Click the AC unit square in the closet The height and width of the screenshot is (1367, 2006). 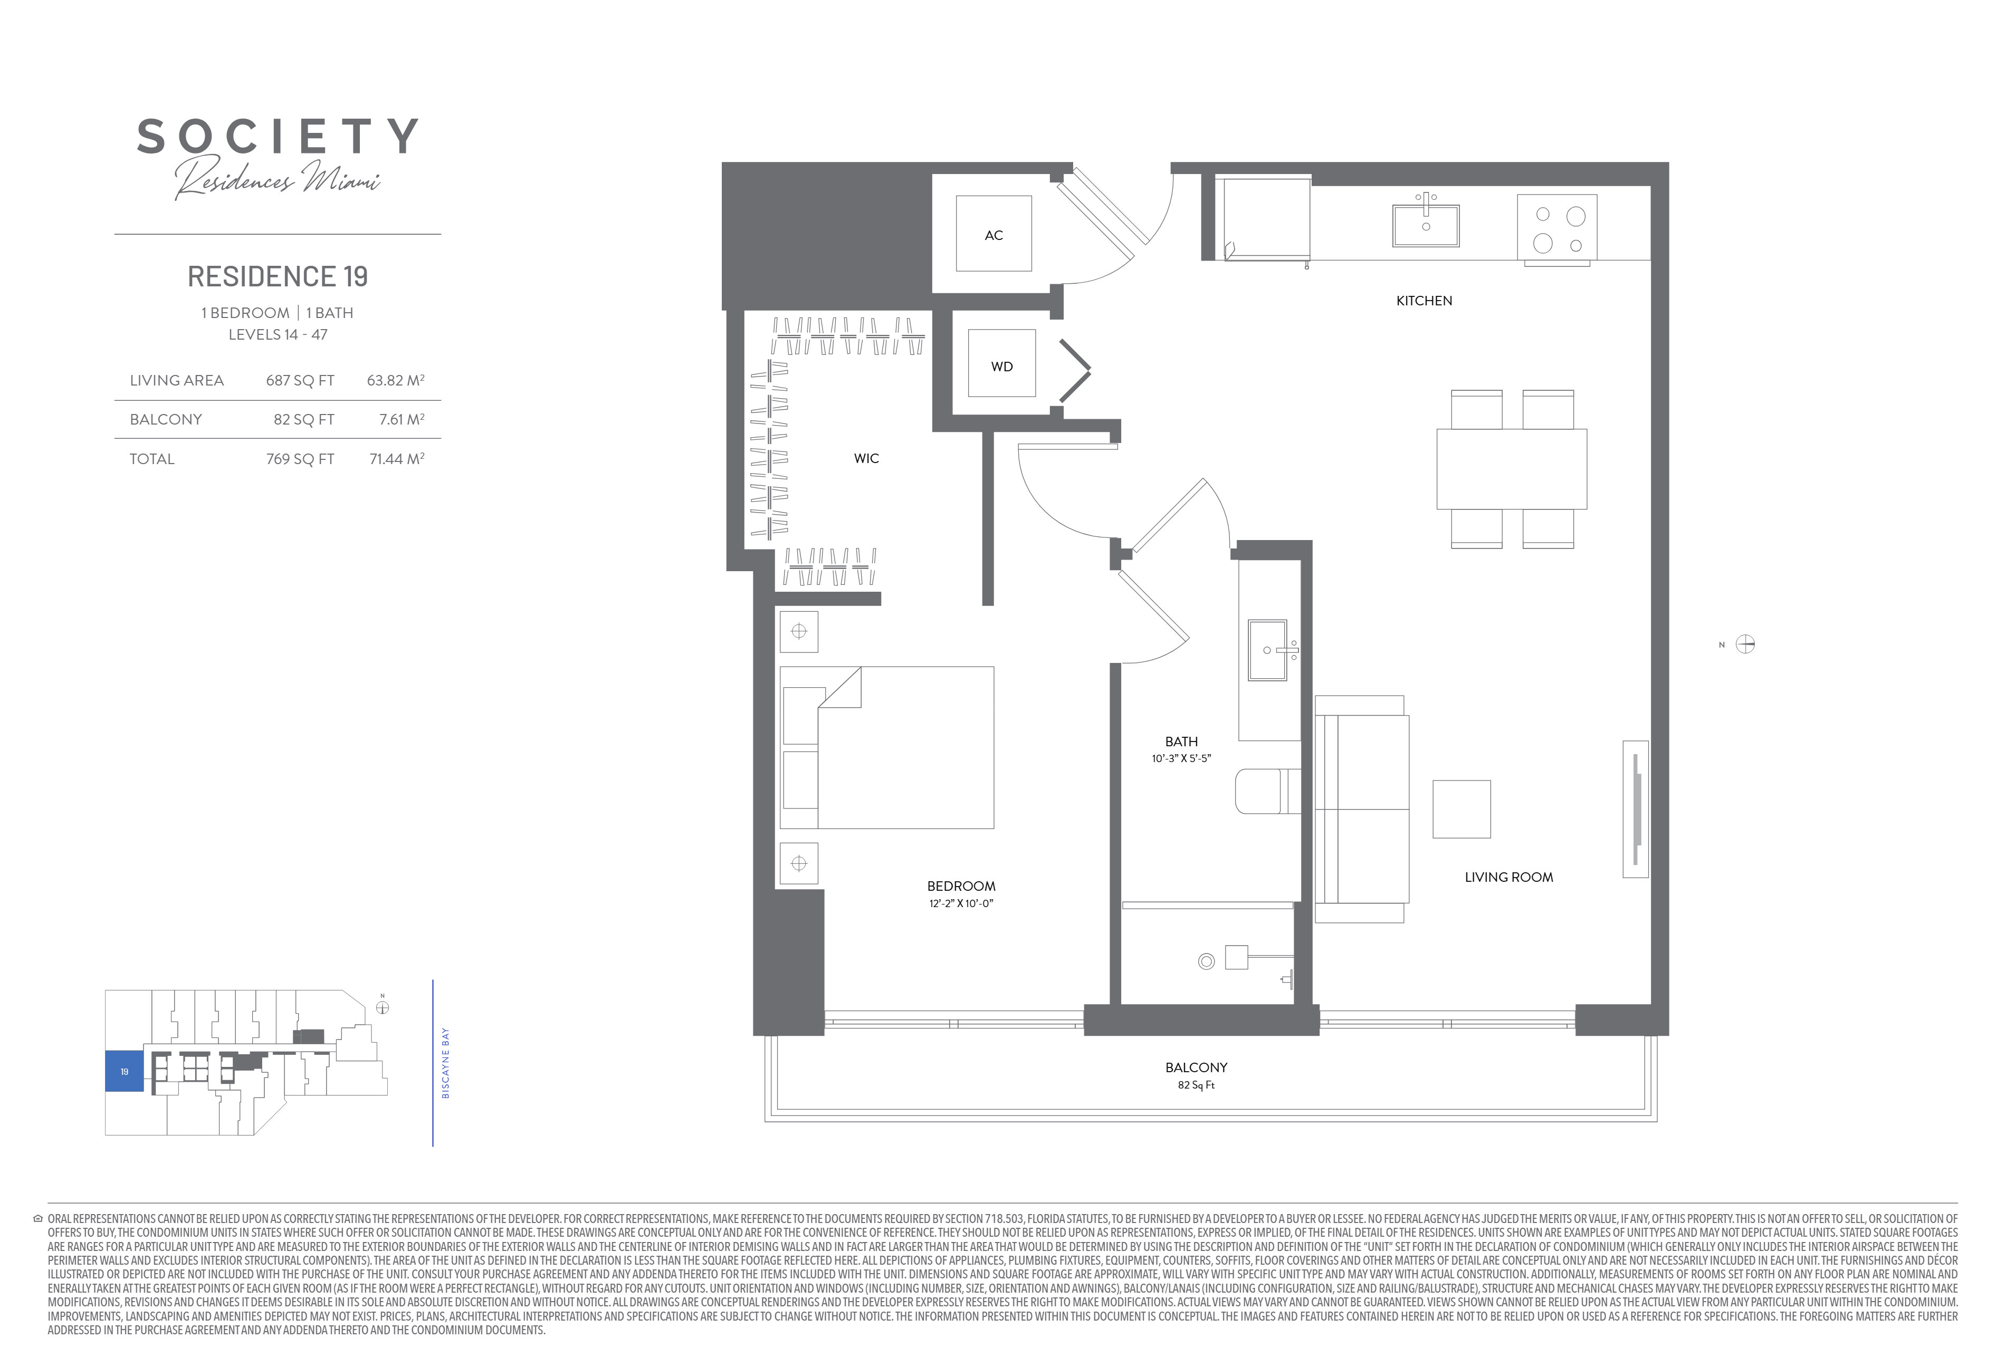coord(994,234)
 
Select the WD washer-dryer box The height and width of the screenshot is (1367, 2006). coord(1001,363)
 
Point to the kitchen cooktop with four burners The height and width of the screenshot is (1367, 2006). coord(1557,229)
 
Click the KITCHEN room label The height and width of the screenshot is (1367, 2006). coord(1424,300)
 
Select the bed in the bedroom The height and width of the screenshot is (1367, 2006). coord(886,747)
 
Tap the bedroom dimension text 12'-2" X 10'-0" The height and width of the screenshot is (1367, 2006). coord(961,903)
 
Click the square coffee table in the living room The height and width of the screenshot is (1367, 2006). coord(1461,808)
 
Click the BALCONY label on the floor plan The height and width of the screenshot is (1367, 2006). coord(1196,1067)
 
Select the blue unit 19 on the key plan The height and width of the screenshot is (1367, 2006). coord(125,1071)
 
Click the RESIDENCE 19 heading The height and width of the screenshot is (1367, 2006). coord(278,276)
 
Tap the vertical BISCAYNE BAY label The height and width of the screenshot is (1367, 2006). coord(445,1062)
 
